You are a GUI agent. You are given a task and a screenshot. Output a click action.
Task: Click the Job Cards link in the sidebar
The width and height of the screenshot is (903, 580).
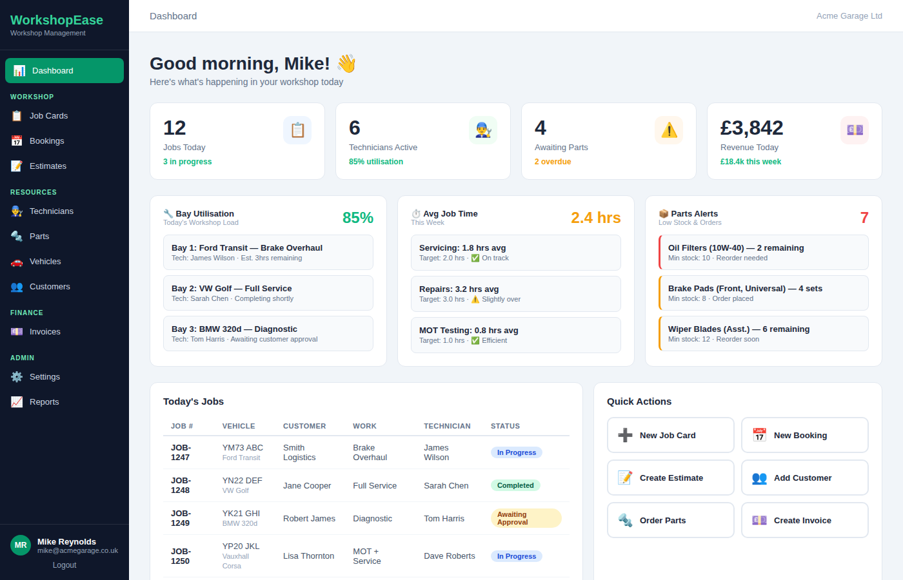(48, 116)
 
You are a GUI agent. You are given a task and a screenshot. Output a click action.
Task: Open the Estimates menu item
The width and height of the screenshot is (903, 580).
(48, 166)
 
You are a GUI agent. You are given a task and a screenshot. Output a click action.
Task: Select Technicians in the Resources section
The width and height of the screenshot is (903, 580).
(51, 211)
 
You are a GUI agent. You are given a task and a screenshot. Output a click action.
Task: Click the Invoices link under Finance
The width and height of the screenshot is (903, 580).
(45, 332)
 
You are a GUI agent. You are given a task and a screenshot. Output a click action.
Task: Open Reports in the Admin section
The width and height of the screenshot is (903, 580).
(44, 402)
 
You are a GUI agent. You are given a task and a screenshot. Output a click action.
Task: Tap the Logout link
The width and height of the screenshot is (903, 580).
(64, 565)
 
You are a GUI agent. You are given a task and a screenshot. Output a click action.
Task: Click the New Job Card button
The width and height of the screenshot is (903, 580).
(670, 436)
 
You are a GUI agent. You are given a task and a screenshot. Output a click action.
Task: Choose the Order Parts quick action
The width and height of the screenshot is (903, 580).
(670, 521)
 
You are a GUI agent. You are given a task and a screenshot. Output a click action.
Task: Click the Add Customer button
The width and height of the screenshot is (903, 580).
(804, 478)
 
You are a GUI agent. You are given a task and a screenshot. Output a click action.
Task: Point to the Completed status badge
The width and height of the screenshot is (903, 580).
(515, 485)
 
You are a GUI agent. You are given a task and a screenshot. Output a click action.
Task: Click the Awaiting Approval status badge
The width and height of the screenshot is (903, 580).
(526, 518)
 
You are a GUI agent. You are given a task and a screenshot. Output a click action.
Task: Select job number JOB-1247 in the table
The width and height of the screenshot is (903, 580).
(181, 452)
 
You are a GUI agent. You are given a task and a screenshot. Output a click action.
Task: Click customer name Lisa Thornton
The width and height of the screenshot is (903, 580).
(308, 556)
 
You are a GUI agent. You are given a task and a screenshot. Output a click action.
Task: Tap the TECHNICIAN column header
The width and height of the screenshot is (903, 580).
(447, 426)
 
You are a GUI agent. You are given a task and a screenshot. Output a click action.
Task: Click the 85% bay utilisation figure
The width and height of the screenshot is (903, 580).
(357, 218)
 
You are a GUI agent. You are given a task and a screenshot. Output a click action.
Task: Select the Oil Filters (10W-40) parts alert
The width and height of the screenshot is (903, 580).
(764, 253)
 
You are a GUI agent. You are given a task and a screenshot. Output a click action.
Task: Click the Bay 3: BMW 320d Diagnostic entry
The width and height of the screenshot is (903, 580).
(268, 334)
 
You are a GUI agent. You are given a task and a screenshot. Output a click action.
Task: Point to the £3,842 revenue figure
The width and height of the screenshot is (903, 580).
(751, 128)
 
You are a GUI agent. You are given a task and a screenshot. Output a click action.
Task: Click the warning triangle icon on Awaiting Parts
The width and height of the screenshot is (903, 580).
(669, 130)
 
